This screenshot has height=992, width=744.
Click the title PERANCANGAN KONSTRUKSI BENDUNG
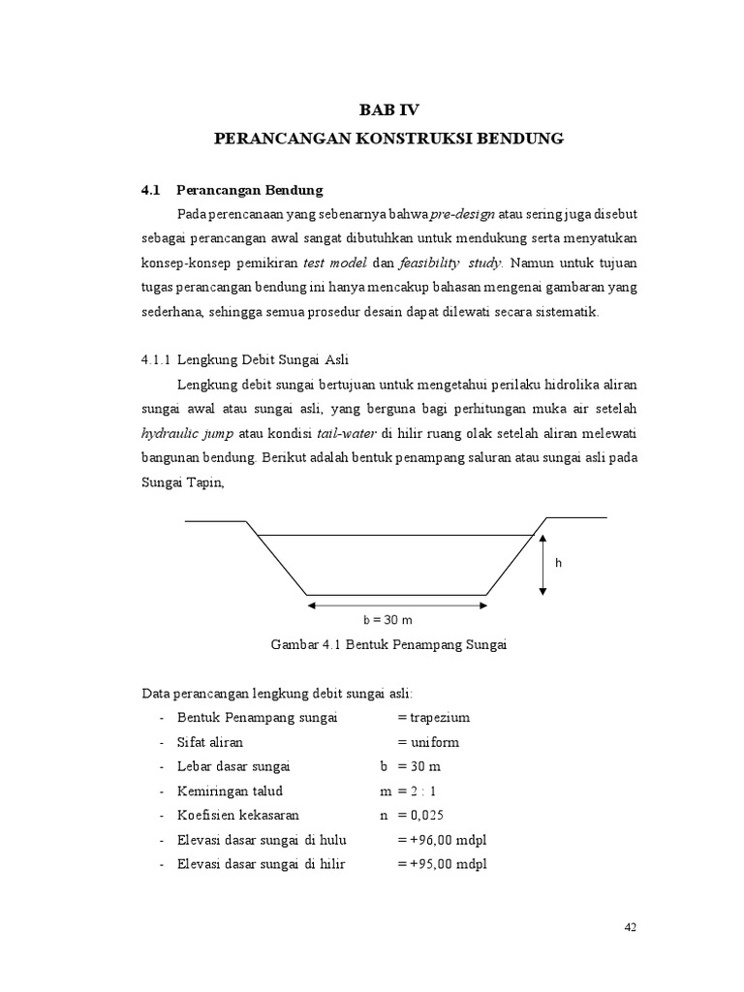(x=387, y=139)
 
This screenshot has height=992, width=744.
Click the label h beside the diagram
(x=558, y=563)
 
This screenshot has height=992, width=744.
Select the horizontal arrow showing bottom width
(x=397, y=605)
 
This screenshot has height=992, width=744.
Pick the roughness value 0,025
(x=427, y=816)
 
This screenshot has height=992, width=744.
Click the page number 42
(x=630, y=927)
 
